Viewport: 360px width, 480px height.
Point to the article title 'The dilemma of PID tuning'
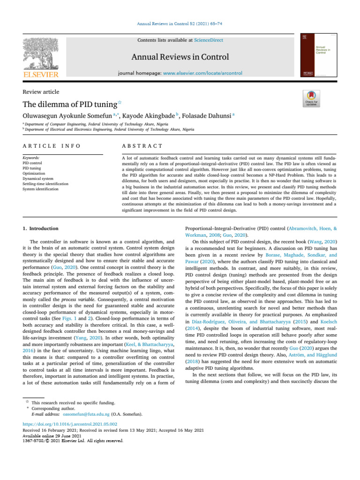(x=71, y=103)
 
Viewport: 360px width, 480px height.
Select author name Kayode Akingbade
(x=140, y=115)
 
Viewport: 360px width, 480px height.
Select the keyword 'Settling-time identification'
(x=45, y=184)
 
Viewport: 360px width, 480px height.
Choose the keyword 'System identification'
(x=42, y=189)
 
